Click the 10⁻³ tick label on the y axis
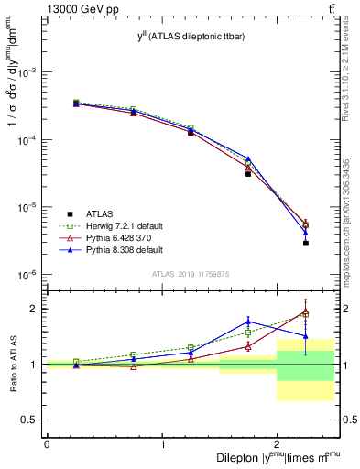click(27, 72)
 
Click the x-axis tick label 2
click(277, 443)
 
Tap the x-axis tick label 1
click(162, 443)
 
